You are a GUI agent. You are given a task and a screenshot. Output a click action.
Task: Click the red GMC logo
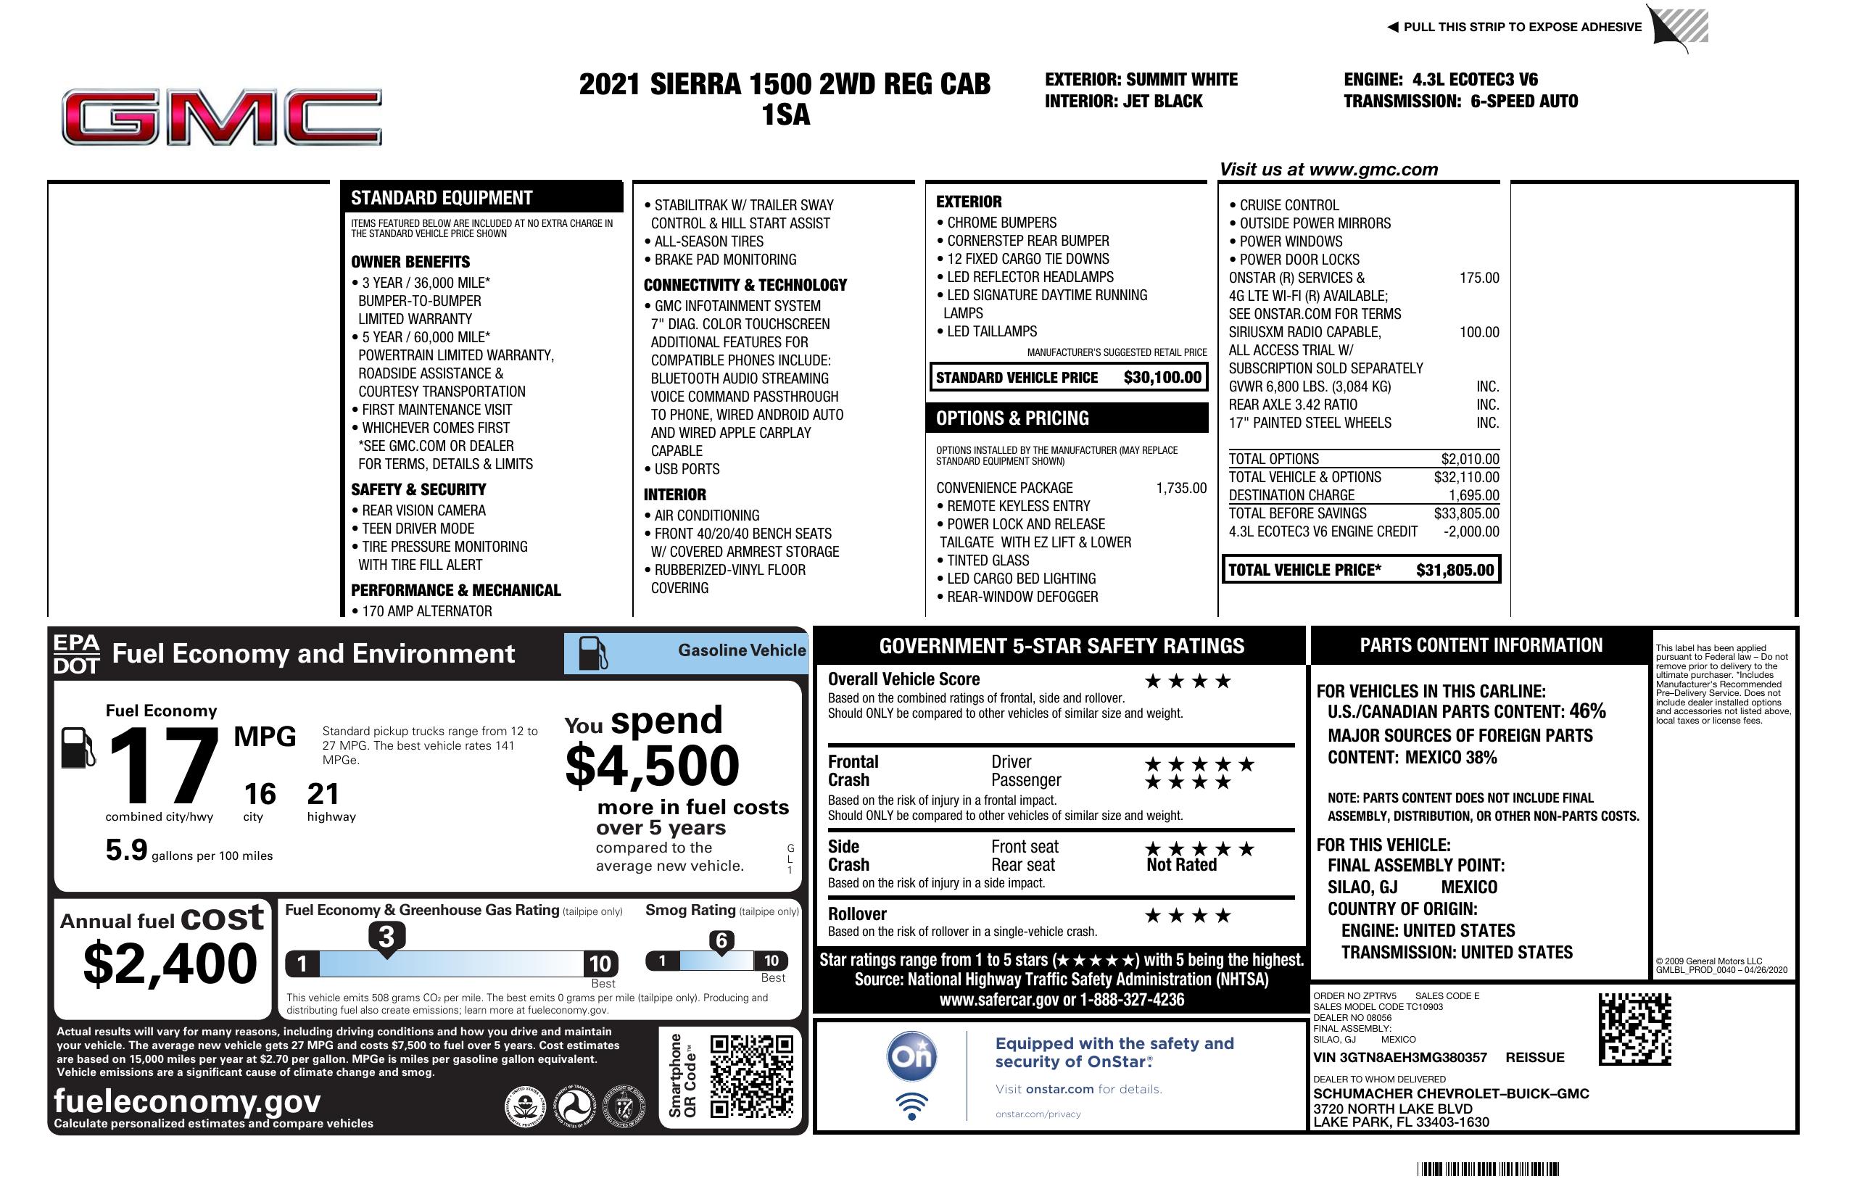pos(221,117)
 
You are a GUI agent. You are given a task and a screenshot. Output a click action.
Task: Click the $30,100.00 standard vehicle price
pos(1162,378)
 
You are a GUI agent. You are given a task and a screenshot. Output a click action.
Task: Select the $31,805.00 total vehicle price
pos(1455,570)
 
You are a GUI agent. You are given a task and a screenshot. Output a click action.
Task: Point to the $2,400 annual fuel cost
pos(170,964)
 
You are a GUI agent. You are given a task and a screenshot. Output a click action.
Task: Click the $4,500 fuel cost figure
pos(652,766)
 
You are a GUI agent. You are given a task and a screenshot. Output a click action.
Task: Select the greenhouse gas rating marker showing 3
pos(386,937)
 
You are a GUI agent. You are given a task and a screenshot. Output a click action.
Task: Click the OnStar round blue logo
pos(912,1056)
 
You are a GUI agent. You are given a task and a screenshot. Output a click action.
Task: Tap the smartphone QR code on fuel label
pos(750,1075)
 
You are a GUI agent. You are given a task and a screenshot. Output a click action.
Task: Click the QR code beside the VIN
pos(1634,1029)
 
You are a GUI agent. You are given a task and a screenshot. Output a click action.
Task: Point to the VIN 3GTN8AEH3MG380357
pos(1399,1058)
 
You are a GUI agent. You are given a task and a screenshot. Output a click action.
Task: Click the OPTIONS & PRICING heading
pos(1012,418)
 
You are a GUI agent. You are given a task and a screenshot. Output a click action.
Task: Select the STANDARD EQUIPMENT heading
pos(442,198)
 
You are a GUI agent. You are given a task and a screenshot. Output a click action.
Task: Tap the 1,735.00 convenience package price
pos(1181,489)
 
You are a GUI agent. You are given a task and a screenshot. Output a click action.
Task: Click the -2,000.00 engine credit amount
pos(1470,532)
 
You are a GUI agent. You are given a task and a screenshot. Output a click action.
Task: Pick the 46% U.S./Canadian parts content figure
pos(1587,711)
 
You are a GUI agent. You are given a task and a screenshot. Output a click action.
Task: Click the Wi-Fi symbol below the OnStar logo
pos(912,1106)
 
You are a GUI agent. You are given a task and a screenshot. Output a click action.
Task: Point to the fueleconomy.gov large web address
pos(186,1101)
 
